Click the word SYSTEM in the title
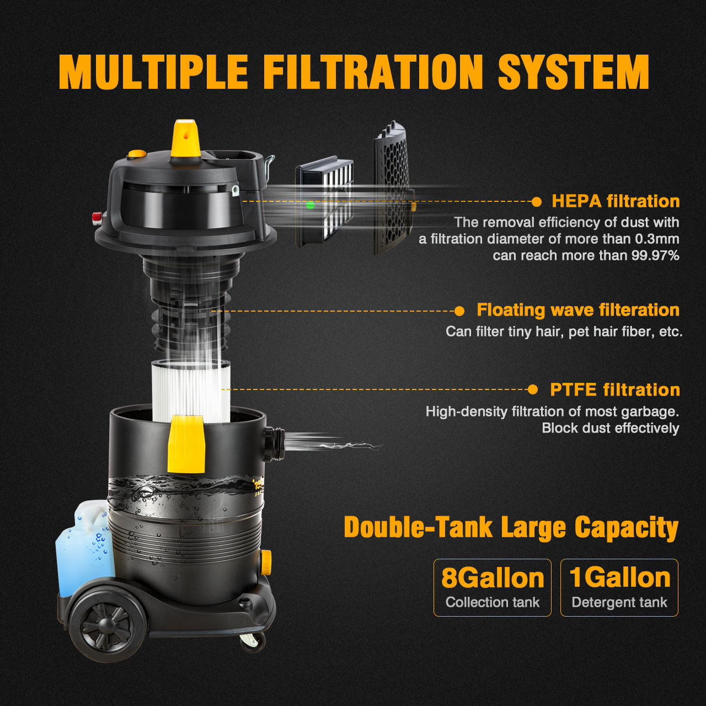pyautogui.click(x=574, y=72)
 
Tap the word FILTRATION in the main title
pyautogui.click(x=373, y=72)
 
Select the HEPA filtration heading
pyautogui.click(x=616, y=201)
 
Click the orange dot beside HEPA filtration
pyautogui.click(x=536, y=202)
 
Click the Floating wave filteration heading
pyautogui.click(x=577, y=310)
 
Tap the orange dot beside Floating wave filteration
pyautogui.click(x=459, y=311)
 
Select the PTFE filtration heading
pyautogui.click(x=614, y=390)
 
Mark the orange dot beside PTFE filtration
pyautogui.click(x=532, y=390)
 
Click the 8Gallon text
pyautogui.click(x=492, y=578)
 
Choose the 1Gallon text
pyautogui.click(x=619, y=577)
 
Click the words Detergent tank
pyautogui.click(x=619, y=602)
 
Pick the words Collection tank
pyautogui.click(x=492, y=602)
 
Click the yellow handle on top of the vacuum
pyautogui.click(x=185, y=140)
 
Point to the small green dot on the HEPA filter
pyautogui.click(x=310, y=205)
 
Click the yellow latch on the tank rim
pyautogui.click(x=186, y=444)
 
